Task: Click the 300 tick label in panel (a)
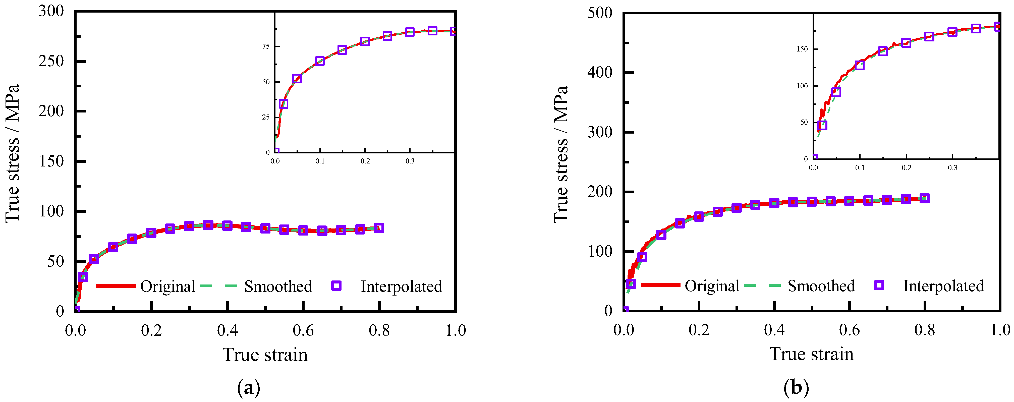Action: (51, 11)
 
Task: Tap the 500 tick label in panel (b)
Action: (600, 13)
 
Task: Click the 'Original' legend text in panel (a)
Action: (168, 286)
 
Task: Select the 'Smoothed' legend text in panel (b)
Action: (821, 286)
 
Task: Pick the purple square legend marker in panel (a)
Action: (336, 286)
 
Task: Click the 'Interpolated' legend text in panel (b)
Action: (943, 286)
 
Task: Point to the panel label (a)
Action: (249, 388)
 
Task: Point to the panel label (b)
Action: (796, 388)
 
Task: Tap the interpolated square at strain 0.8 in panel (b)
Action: (925, 198)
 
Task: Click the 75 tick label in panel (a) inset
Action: (266, 46)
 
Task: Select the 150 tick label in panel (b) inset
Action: (802, 49)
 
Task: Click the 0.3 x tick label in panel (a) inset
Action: (410, 161)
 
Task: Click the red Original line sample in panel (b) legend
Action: (660, 285)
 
